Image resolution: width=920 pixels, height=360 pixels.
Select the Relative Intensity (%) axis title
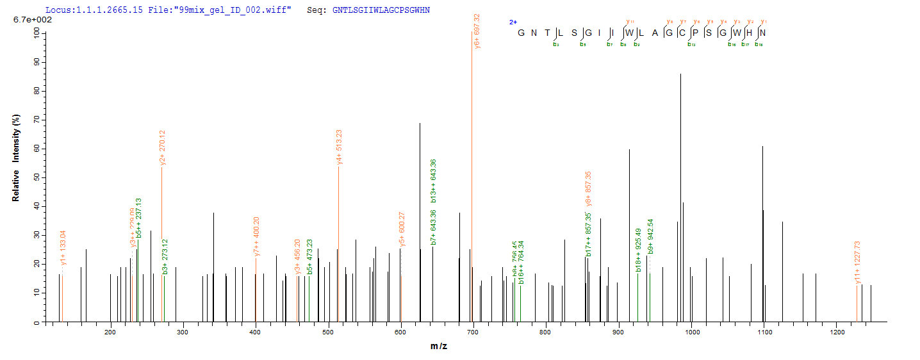point(15,158)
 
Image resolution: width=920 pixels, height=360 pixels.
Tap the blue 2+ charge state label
point(513,21)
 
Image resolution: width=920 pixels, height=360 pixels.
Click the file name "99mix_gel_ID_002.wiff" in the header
point(243,10)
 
